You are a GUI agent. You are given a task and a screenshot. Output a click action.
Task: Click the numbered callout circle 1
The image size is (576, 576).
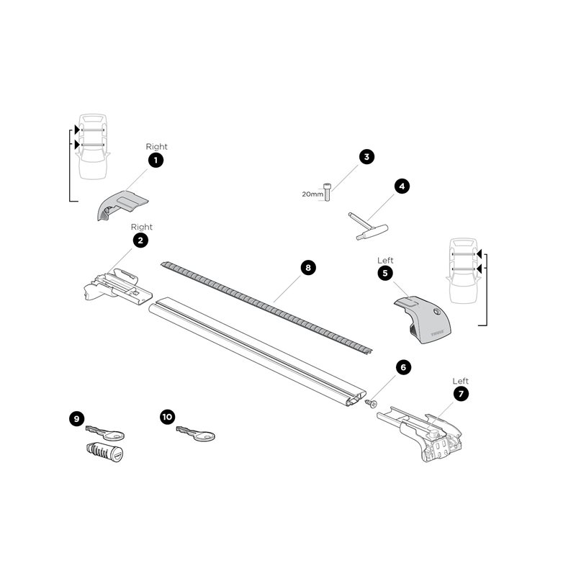coord(156,161)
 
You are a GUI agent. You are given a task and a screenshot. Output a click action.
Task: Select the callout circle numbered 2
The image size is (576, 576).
coord(140,241)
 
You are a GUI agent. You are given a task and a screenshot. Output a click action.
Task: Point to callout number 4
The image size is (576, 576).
coord(402,186)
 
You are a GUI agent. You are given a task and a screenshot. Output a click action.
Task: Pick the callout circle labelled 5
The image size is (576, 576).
coord(385,274)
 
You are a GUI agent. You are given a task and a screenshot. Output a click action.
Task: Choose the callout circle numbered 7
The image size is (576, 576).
coord(460,394)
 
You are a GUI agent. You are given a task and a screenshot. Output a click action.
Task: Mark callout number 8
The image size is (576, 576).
coord(307,268)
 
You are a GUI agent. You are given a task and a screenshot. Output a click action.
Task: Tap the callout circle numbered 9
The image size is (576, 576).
coord(77,417)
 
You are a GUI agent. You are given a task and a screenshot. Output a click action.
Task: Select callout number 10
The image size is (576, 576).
coord(168,416)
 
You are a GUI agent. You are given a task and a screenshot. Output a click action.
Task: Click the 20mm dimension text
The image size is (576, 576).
coord(312,194)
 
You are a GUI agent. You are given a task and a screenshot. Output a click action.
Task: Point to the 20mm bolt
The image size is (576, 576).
coord(328,191)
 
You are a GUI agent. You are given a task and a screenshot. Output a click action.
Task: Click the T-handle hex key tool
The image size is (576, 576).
coord(368,226)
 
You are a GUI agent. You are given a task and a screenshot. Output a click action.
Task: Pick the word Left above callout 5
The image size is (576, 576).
coord(386,260)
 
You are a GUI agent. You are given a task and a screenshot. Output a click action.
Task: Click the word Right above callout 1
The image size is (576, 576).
coord(156,146)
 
